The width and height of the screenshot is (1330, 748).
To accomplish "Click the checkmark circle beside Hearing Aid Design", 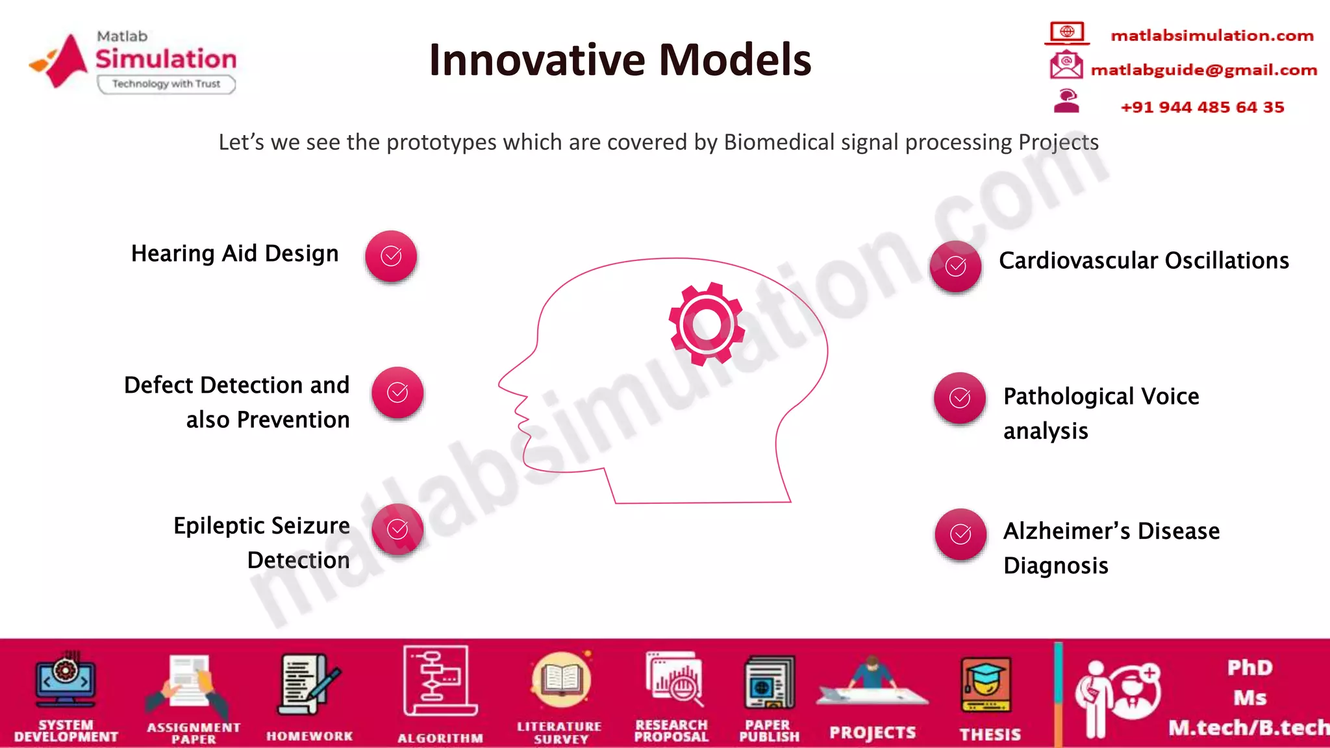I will [x=391, y=256].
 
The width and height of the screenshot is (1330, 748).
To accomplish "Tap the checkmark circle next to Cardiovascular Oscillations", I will [x=955, y=266].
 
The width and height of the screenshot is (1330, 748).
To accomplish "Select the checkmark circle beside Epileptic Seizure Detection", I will [x=397, y=529].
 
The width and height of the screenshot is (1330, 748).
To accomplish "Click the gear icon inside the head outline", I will [x=707, y=324].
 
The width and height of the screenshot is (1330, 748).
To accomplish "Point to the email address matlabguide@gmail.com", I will [x=1203, y=70].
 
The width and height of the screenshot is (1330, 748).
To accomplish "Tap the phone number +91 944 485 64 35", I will [x=1202, y=107].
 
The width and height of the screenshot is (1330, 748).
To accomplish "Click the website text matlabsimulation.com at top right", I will [x=1212, y=36].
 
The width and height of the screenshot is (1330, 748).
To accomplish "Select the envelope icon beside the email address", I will [x=1066, y=65].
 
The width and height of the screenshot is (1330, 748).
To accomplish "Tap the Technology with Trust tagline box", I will [x=166, y=84].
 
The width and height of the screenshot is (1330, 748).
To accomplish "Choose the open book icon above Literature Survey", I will [x=561, y=680].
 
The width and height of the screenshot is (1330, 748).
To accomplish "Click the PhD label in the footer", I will [x=1249, y=667].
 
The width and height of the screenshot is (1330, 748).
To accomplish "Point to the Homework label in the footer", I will [x=309, y=736].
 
